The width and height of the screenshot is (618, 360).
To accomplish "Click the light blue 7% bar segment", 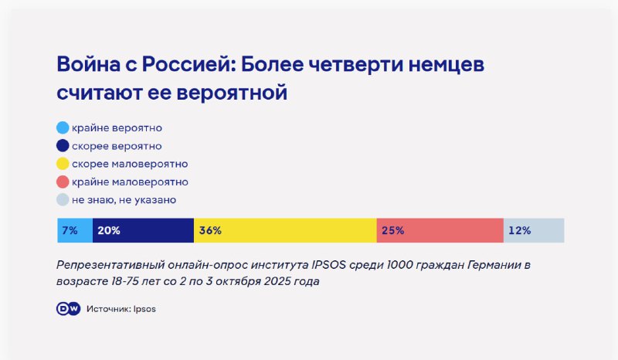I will pos(75,230).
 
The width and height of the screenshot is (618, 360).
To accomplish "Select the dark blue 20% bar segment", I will pos(143,230).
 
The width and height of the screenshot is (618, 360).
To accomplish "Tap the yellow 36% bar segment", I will pos(285,230).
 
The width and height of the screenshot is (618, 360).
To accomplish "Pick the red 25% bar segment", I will pos(440,230).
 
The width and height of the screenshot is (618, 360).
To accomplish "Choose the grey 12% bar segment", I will pos(534,230).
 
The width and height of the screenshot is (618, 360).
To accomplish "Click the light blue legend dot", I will pos(63,127).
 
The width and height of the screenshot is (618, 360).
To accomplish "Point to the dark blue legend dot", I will pos(63,145).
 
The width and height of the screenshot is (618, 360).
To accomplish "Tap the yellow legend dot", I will pos(63,164).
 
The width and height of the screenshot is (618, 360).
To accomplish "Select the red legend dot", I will pos(63,182).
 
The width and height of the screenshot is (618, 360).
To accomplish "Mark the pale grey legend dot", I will pos(63,199).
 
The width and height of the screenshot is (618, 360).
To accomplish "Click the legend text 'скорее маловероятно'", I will pos(130,164).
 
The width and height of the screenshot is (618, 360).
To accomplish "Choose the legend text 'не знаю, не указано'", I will pos(124,199).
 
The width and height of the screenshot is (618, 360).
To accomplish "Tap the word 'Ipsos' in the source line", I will pos(144,309).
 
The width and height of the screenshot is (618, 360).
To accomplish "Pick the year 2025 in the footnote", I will pos(277,281).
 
